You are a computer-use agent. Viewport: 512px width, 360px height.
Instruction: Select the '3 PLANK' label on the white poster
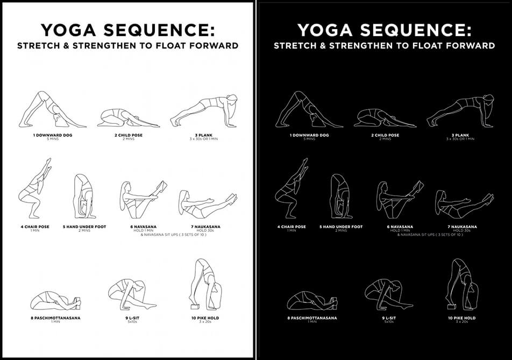(x=203, y=135)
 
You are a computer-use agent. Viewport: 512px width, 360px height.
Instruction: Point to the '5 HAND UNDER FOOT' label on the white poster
(x=84, y=227)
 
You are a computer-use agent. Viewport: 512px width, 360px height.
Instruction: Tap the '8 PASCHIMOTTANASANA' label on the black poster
(x=312, y=318)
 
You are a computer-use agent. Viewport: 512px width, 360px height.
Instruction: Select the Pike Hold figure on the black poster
(x=461, y=284)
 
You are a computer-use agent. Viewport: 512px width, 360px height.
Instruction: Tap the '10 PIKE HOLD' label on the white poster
(x=205, y=318)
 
